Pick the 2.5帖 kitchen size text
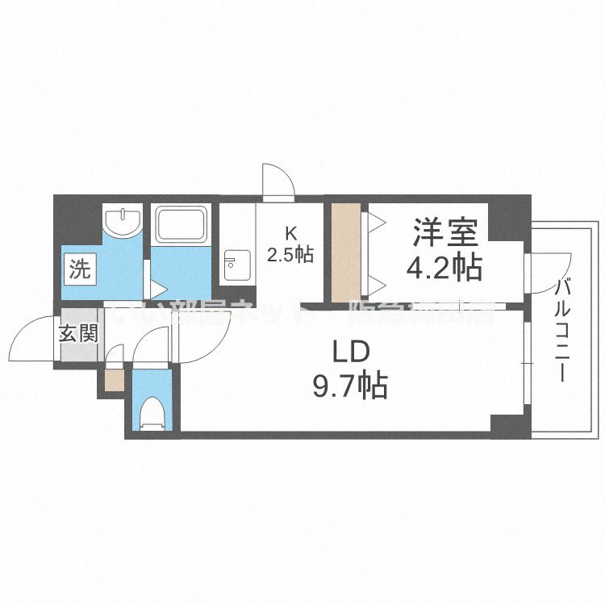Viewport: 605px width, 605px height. pos(290,255)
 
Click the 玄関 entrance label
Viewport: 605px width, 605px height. pos(78,332)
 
